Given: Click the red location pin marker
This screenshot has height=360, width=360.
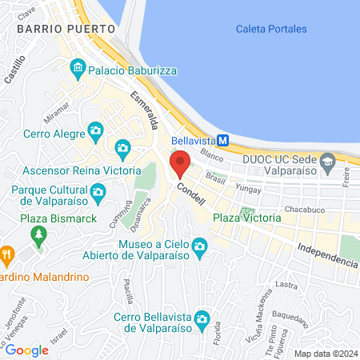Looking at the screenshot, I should [180, 162].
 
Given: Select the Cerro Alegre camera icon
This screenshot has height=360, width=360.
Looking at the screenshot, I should [95, 130].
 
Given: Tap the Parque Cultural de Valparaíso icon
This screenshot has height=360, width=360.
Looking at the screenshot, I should [98, 191].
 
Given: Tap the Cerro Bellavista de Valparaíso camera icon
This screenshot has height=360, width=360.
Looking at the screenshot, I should [201, 319].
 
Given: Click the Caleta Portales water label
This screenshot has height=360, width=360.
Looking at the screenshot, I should [271, 29].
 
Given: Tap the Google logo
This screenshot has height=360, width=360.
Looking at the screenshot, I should [26, 350].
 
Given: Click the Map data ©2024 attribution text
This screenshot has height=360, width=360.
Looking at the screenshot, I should [325, 354].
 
